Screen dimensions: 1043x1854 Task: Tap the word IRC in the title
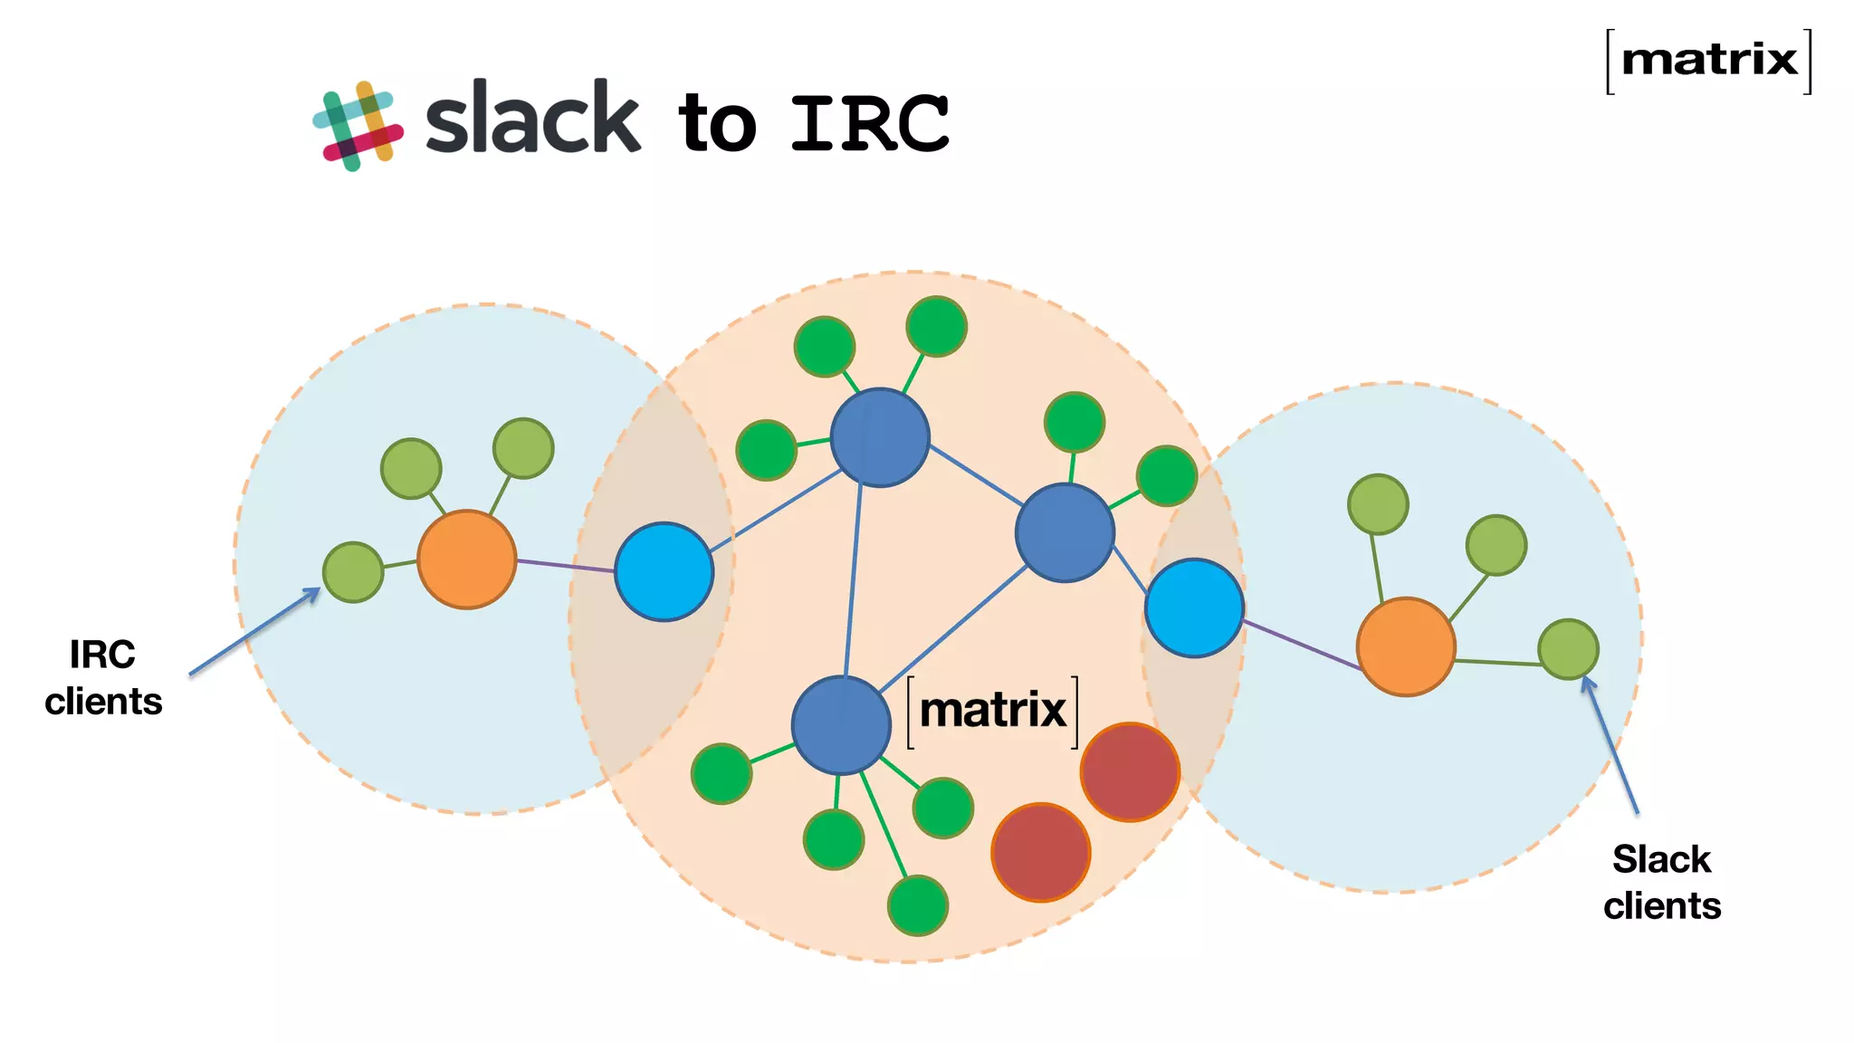[869, 124]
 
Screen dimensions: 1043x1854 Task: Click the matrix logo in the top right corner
[1708, 61]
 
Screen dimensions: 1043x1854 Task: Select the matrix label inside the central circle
[992, 711]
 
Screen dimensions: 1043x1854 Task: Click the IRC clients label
[103, 677]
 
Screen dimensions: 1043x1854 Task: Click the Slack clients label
[1661, 882]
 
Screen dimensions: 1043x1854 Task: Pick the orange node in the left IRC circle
[466, 560]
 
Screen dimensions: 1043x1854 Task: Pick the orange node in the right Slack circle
[1405, 646]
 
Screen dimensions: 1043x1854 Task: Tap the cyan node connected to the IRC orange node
[664, 571]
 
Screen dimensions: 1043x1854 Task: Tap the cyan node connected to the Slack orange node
[1193, 608]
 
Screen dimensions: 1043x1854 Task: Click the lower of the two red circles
[1040, 852]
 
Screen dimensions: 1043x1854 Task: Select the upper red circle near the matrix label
[1129, 771]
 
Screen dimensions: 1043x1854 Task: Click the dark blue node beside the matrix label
[841, 724]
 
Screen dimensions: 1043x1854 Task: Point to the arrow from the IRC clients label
[253, 632]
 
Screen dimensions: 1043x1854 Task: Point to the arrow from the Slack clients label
[1610, 746]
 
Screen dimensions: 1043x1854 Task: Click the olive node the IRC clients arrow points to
[353, 572]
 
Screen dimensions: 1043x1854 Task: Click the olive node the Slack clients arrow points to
[1568, 649]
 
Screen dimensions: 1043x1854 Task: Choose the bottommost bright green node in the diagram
[917, 904]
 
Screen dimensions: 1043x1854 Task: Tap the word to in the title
[717, 124]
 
